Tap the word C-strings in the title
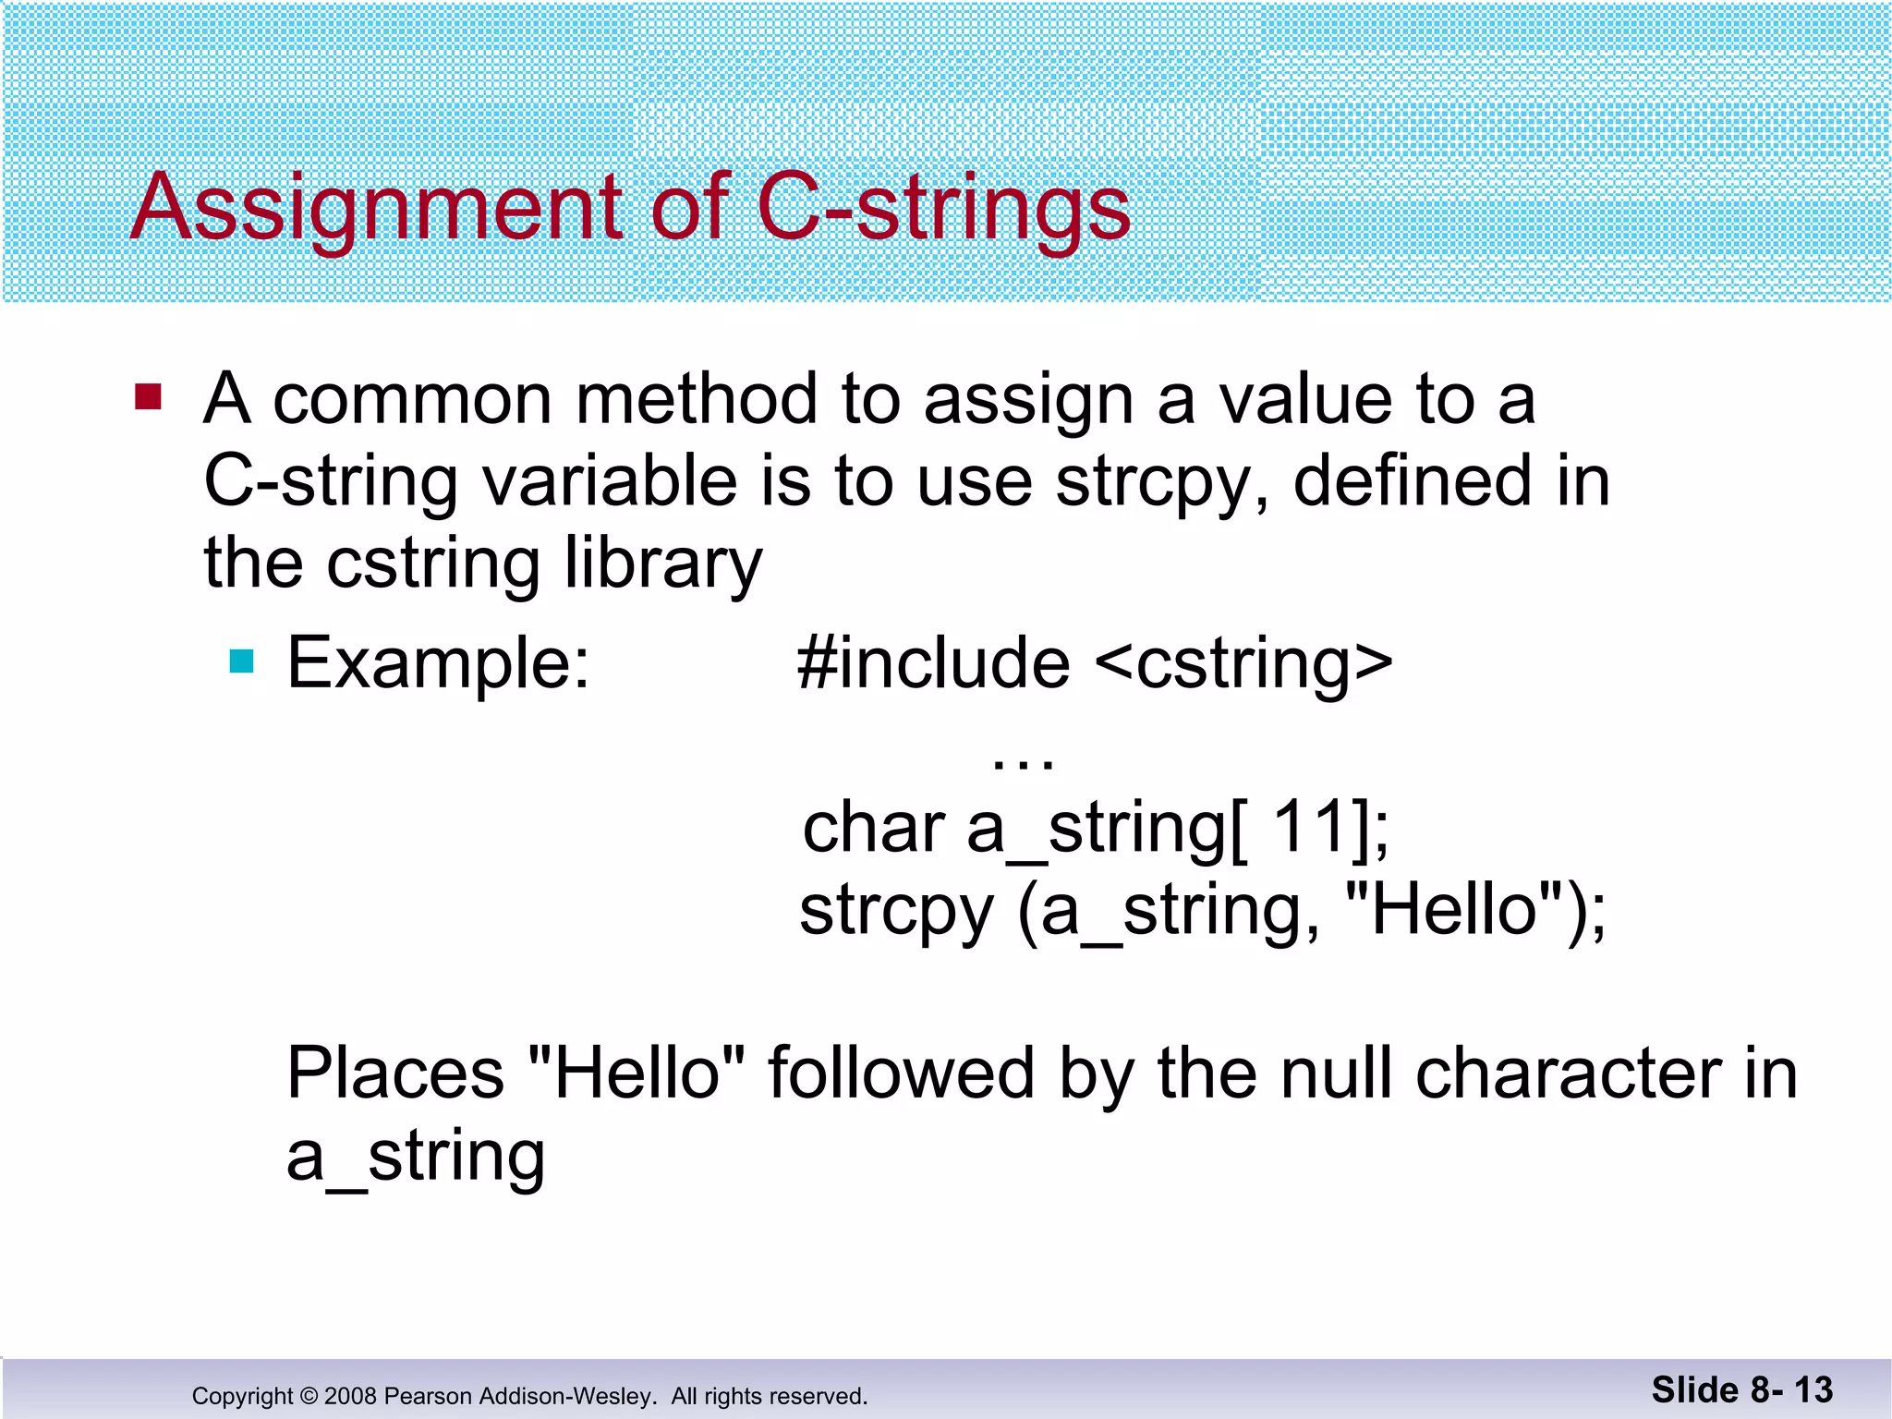coord(942,209)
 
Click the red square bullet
coord(148,397)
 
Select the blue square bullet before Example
coord(241,661)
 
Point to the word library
coord(662,564)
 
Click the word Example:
coord(438,663)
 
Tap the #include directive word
coord(933,663)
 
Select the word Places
coord(395,1073)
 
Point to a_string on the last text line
coord(416,1157)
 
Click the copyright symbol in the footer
coord(309,1396)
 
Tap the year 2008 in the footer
coord(350,1396)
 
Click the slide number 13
coord(1813,1390)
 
